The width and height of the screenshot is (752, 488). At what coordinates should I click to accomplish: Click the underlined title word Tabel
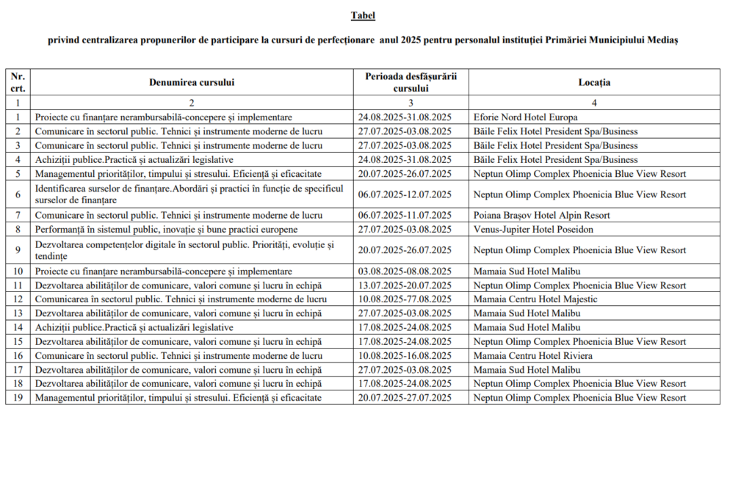[x=363, y=15]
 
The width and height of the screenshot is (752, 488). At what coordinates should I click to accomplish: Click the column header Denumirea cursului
[x=192, y=82]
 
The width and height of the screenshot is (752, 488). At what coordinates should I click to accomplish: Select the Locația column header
[x=594, y=82]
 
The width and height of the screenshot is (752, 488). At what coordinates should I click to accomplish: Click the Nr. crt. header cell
[x=18, y=82]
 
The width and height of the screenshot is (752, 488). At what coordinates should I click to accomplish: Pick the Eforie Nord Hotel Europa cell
[x=525, y=117]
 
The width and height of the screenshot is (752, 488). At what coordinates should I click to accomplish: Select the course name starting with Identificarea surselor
[x=189, y=194]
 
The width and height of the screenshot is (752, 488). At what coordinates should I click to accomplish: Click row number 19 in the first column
[x=18, y=398]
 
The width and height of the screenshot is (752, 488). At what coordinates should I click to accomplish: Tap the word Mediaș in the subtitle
[x=662, y=40]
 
